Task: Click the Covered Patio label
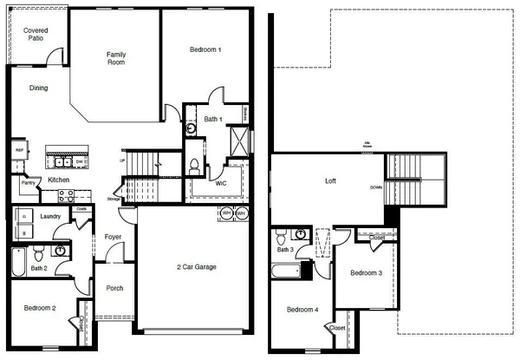coord(36,36)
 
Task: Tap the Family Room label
coord(116,60)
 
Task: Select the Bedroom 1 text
coord(206,50)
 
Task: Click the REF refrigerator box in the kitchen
coord(19,150)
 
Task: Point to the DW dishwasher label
coord(79,161)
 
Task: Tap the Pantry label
coord(27,184)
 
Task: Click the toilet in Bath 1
coord(195,165)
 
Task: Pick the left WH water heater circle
coord(226,213)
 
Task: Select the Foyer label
coord(113,237)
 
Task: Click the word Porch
coord(114,289)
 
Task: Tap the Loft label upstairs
coord(329,182)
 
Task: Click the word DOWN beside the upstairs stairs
coord(375,187)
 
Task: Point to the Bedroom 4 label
coord(302,310)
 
